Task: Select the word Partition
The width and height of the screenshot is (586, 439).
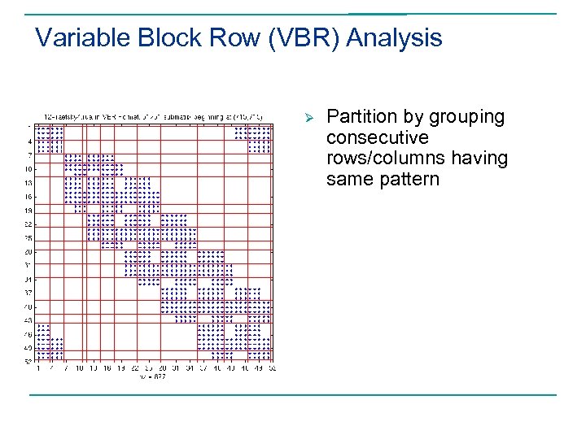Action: pos(362,117)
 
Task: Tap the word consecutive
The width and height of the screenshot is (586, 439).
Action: pos(377,137)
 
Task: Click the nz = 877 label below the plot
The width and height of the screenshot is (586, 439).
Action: pos(152,376)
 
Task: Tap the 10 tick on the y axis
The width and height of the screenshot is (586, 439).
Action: pos(28,168)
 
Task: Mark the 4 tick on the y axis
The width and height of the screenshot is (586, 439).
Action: pos(30,141)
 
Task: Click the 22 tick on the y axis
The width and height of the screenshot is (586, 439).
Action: pos(28,224)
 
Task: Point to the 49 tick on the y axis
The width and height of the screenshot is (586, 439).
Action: pos(28,348)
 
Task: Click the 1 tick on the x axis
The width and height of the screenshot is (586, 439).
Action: pos(37,367)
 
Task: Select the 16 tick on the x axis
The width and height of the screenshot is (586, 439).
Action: pos(107,367)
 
